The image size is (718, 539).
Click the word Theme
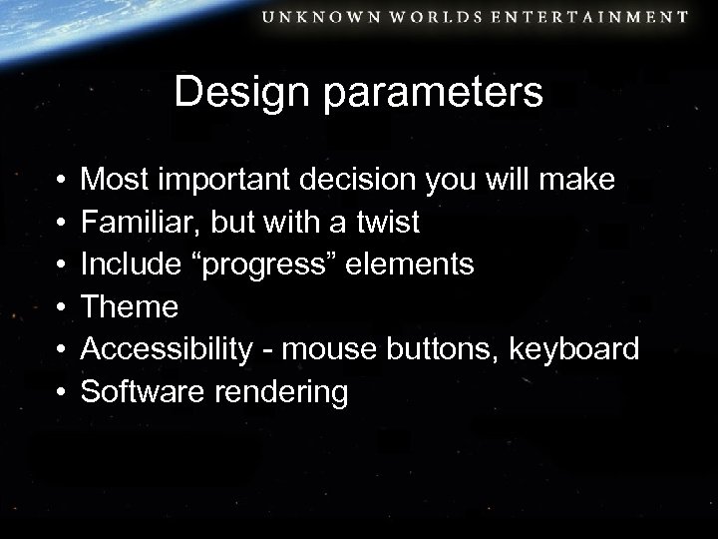click(x=130, y=307)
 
